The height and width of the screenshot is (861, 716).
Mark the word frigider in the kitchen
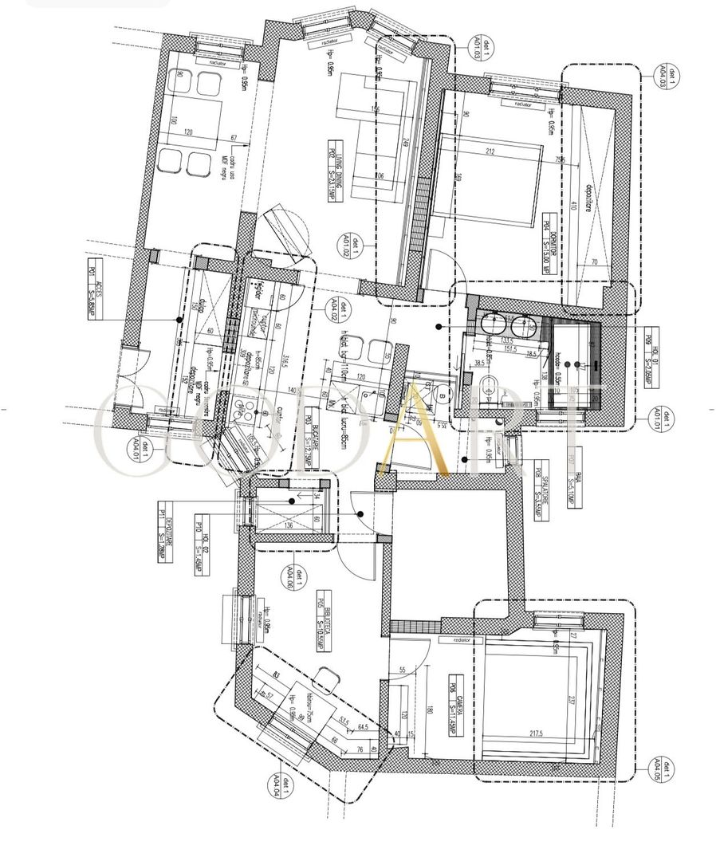click(255, 292)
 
